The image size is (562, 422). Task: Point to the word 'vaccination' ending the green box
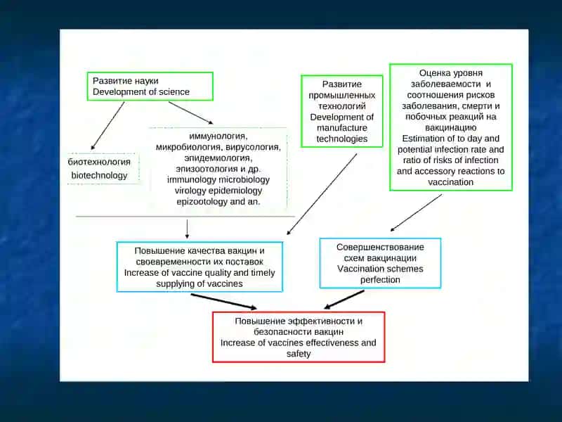click(450, 182)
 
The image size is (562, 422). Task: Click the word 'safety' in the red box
click(299, 354)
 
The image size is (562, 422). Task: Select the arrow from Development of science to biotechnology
click(107, 126)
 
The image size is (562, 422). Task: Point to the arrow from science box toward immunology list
click(190, 113)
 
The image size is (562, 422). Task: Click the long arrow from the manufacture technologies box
click(322, 195)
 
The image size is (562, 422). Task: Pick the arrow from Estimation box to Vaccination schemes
click(416, 213)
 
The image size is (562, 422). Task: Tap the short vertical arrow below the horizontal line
click(187, 229)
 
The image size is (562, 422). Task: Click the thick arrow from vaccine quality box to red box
click(223, 302)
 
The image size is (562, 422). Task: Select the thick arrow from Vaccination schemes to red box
click(344, 300)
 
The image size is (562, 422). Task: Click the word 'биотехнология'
click(99, 162)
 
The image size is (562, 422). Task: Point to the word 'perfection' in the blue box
click(380, 279)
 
